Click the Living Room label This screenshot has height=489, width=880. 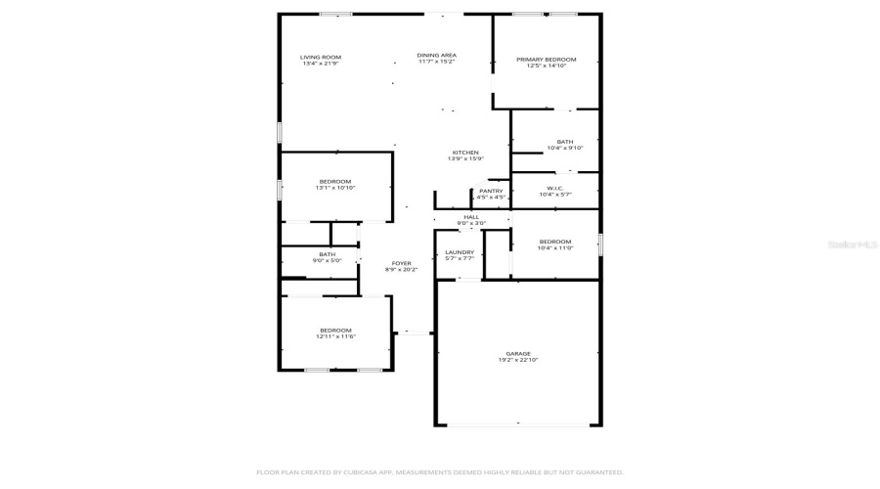pos(320,58)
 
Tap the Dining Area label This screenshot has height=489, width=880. pos(437,56)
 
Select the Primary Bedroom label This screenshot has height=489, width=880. pos(546,60)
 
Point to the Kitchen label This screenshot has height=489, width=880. pos(464,153)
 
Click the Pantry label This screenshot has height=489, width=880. pos(491,191)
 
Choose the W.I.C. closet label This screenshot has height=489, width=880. pos(554,188)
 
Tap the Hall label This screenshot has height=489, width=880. pos(471,217)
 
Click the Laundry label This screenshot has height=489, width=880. pos(460,252)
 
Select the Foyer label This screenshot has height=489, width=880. pos(401,262)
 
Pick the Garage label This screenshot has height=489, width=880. pos(518,353)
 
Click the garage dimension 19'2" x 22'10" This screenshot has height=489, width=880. pos(518,360)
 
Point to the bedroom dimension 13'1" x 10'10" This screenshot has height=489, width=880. pos(334,188)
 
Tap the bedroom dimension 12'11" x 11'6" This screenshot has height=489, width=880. pos(335,336)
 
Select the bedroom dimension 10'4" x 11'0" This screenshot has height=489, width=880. pos(554,248)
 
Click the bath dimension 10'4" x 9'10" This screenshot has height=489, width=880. pos(565,148)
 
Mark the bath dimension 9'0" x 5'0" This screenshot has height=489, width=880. pos(327,261)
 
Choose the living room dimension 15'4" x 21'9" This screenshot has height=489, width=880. pos(320,64)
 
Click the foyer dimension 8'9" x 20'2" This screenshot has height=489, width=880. pos(401,269)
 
